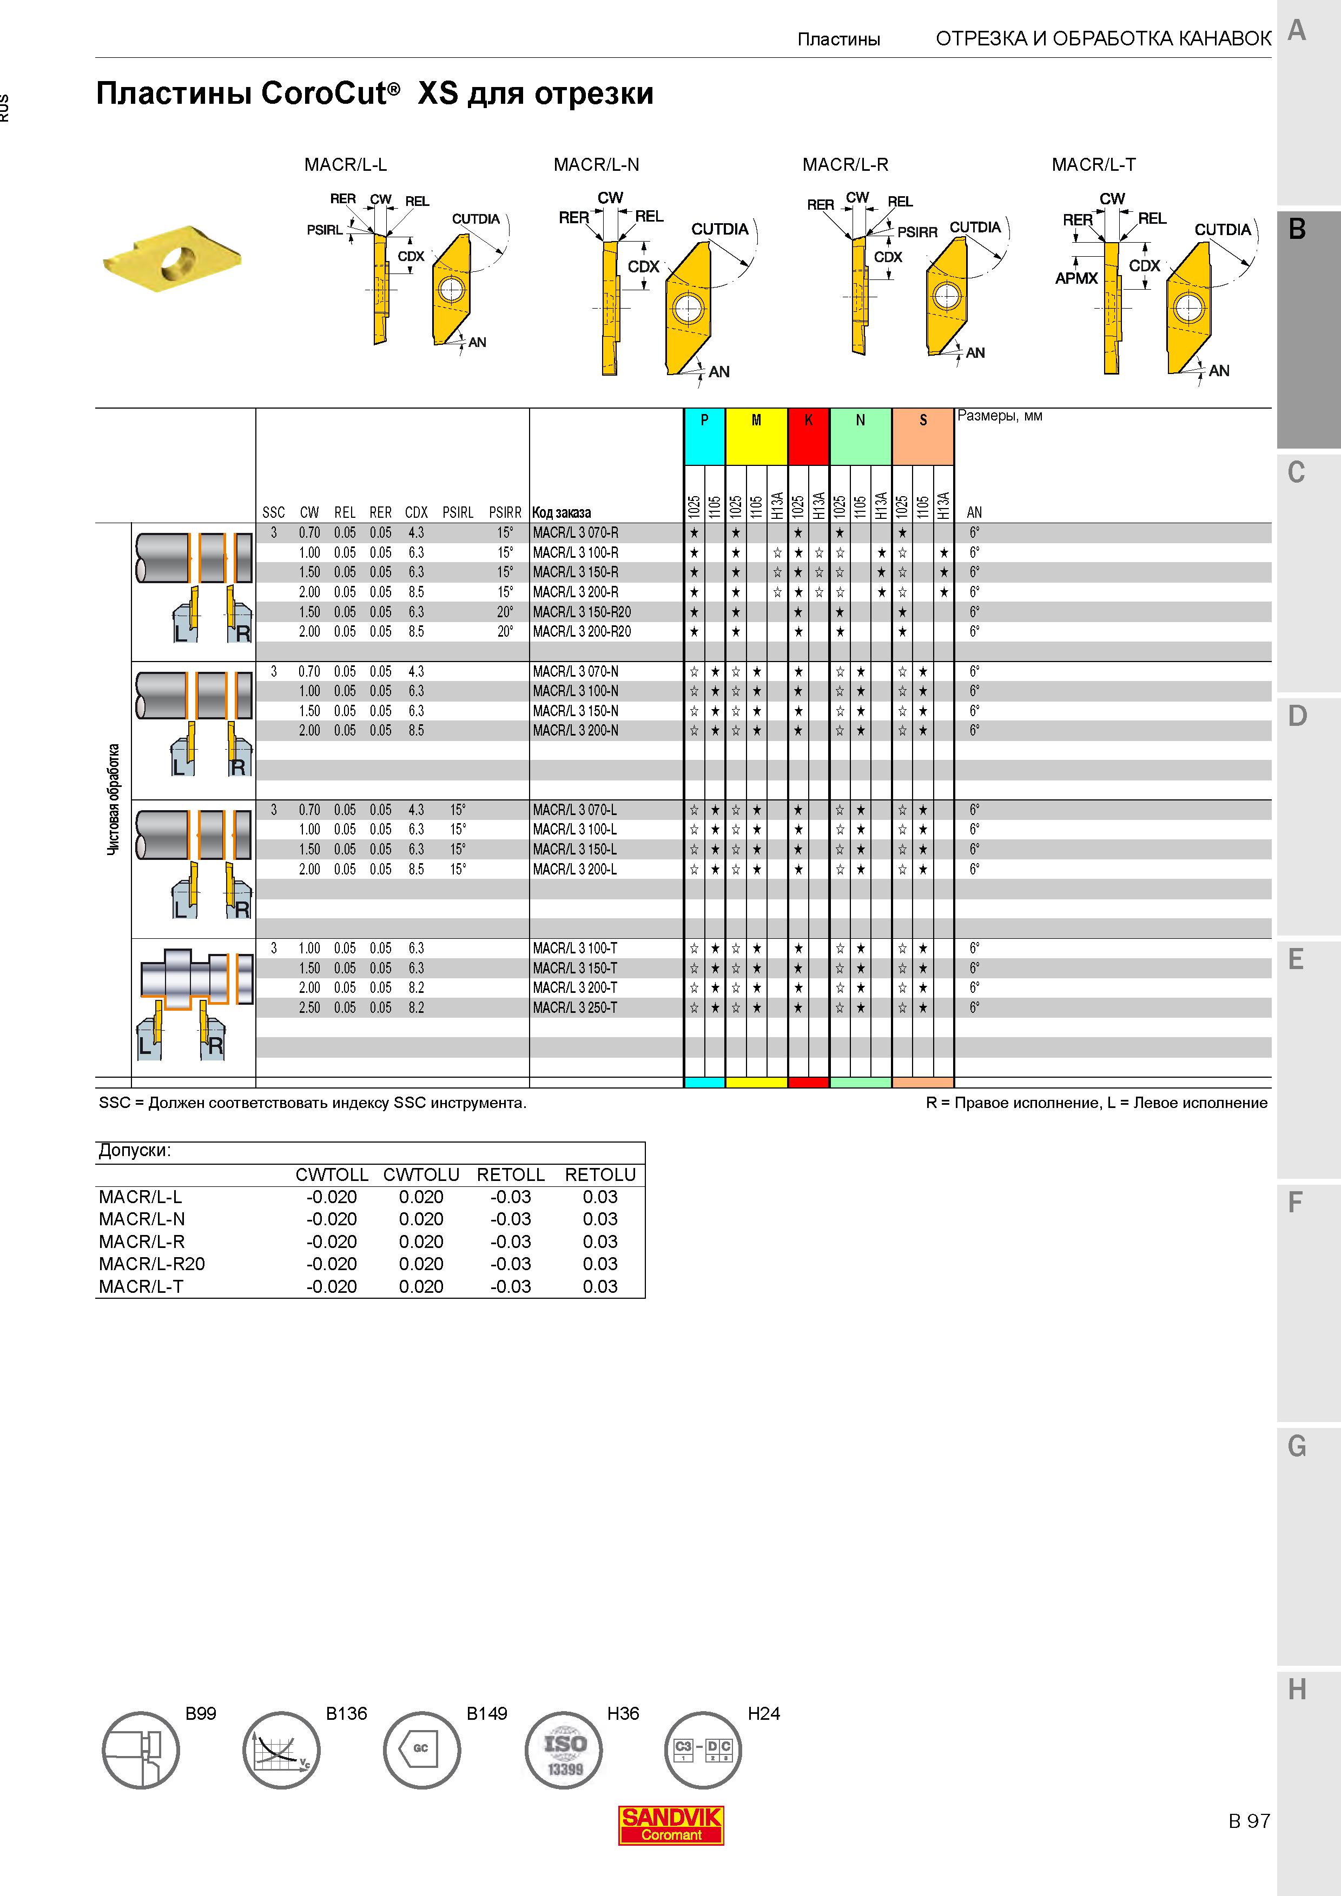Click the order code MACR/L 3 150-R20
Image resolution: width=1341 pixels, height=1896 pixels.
tap(582, 612)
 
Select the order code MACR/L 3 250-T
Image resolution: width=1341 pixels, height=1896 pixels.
tap(575, 1007)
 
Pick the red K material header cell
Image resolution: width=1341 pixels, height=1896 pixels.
tap(808, 436)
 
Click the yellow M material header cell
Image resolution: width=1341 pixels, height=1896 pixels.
tap(756, 436)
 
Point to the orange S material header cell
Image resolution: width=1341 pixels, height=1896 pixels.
tap(923, 436)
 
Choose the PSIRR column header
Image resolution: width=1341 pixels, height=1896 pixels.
tap(505, 513)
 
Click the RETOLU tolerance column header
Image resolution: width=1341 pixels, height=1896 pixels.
tap(600, 1175)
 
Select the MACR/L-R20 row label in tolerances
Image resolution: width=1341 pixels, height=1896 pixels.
tap(152, 1264)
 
